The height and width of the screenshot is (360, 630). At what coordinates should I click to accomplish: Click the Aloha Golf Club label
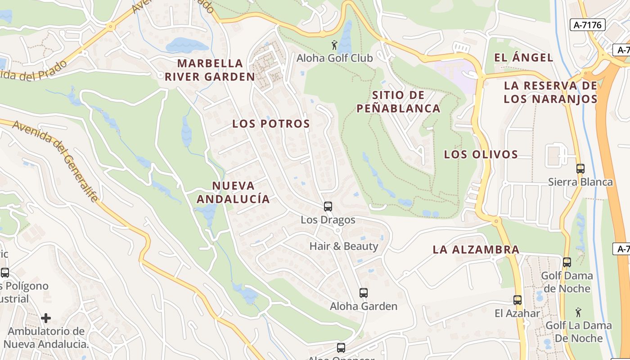click(x=334, y=58)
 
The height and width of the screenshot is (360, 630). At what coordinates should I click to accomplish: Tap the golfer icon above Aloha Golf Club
click(x=334, y=45)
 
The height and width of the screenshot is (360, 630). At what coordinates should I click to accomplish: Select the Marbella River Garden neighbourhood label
click(x=210, y=70)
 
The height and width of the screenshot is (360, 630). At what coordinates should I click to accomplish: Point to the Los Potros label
click(x=271, y=124)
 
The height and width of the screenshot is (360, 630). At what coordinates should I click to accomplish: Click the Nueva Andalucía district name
click(x=233, y=192)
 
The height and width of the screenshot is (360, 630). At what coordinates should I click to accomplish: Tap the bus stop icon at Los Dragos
click(x=328, y=207)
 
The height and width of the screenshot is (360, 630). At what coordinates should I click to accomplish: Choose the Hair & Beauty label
click(x=344, y=246)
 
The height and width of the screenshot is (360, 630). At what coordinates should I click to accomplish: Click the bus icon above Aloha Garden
click(x=364, y=293)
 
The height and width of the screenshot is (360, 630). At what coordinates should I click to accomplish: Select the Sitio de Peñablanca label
click(x=398, y=102)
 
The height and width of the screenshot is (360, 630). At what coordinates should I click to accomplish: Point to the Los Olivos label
click(x=481, y=154)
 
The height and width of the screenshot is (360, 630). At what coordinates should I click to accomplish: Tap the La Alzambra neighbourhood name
click(x=476, y=249)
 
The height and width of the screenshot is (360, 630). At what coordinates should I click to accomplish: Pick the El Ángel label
click(x=523, y=58)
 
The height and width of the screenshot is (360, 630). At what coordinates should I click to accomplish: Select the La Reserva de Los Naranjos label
click(x=550, y=92)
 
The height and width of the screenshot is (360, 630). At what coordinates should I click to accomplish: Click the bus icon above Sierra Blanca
click(x=580, y=169)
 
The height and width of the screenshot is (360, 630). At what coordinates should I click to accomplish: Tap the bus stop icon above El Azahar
click(x=517, y=300)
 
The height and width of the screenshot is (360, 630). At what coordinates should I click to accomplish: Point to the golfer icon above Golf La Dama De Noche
click(x=578, y=312)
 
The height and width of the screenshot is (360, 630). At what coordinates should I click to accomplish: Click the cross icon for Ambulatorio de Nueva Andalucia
click(x=46, y=319)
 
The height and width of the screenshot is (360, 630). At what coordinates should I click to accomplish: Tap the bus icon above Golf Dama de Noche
click(x=567, y=262)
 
